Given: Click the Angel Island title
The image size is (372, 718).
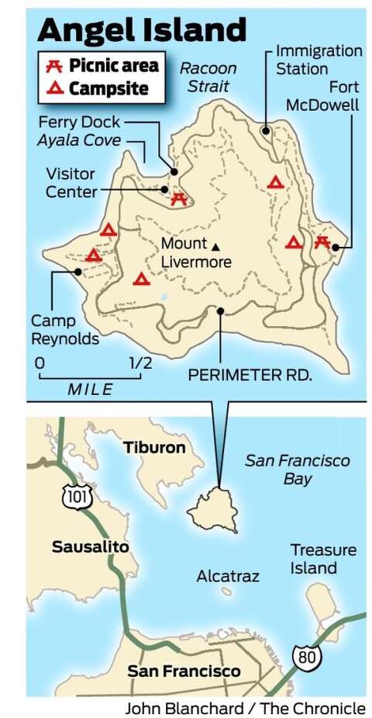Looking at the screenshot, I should click(x=142, y=29).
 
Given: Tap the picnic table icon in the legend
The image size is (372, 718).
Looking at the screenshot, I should click(x=53, y=65).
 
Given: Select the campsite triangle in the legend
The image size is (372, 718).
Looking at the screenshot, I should click(x=53, y=88).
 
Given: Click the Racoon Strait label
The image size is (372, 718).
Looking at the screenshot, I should click(x=208, y=77).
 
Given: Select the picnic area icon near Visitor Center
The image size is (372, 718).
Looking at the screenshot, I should click(x=179, y=199).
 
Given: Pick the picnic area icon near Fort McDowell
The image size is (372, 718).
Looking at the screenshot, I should click(x=323, y=242).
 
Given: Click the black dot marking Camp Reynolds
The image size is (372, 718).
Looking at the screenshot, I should click(x=77, y=271).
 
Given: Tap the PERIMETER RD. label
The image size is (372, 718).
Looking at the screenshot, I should click(x=250, y=376).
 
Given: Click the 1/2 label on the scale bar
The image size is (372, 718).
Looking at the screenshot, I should click(x=140, y=363).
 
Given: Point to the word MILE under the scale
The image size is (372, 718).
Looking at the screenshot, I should click(x=90, y=390).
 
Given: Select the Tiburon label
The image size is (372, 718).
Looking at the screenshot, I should click(x=154, y=448).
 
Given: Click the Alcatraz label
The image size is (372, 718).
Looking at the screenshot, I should click(x=227, y=576).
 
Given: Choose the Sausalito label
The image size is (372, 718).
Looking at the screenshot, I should click(x=90, y=546).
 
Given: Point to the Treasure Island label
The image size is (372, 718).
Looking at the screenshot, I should click(x=323, y=559).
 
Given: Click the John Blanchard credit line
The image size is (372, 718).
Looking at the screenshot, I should click(x=245, y=708).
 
